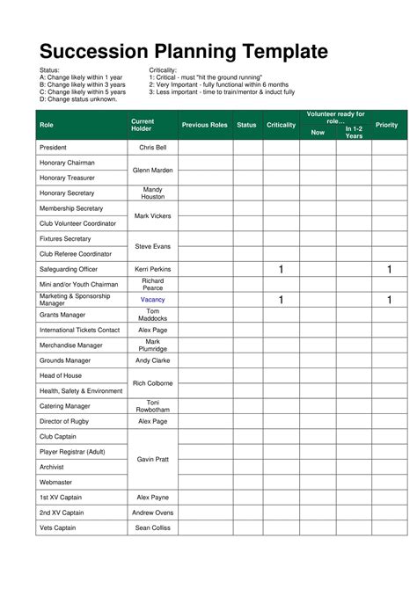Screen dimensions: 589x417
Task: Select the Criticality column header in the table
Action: pyautogui.click(x=281, y=125)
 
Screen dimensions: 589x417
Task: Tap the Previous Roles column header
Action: pyautogui.click(x=204, y=125)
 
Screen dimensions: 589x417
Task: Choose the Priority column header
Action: pyautogui.click(x=386, y=125)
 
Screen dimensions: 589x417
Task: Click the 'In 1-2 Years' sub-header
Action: pyautogui.click(x=354, y=133)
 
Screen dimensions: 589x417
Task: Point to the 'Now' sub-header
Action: pyautogui.click(x=318, y=133)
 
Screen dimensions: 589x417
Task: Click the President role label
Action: pyautogui.click(x=55, y=148)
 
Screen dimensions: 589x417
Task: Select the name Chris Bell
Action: pyautogui.click(x=153, y=148)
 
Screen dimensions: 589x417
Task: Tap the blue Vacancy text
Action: pyautogui.click(x=153, y=300)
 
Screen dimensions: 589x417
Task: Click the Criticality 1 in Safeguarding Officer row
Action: pyautogui.click(x=281, y=269)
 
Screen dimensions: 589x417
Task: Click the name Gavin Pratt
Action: pyautogui.click(x=153, y=459)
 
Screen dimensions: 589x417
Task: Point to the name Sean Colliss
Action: pyautogui.click(x=153, y=527)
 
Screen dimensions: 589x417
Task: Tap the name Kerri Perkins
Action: pyautogui.click(x=153, y=269)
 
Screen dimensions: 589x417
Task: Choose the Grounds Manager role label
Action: pyautogui.click(x=65, y=360)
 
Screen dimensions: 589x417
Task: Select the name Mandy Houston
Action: pyautogui.click(x=153, y=193)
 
